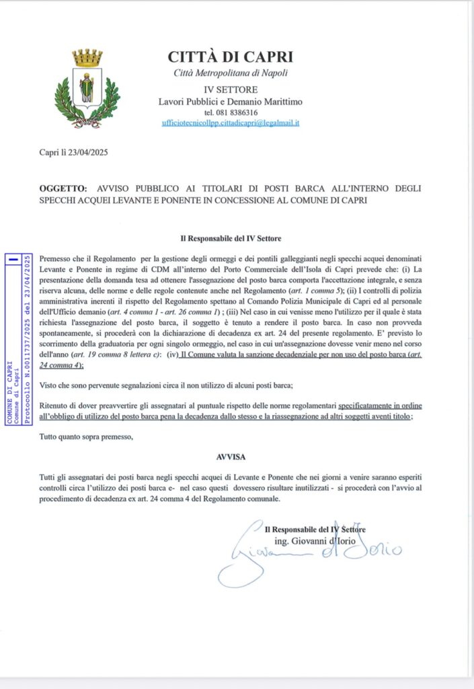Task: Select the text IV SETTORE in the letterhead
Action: (x=230, y=89)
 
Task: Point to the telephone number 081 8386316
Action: (x=230, y=112)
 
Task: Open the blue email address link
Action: (x=230, y=123)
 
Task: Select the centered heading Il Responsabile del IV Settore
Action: (x=230, y=239)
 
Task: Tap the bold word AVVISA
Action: (x=230, y=456)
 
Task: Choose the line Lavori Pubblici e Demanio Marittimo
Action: (x=230, y=102)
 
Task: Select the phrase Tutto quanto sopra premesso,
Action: (x=87, y=437)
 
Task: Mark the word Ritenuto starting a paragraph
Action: (x=56, y=406)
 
